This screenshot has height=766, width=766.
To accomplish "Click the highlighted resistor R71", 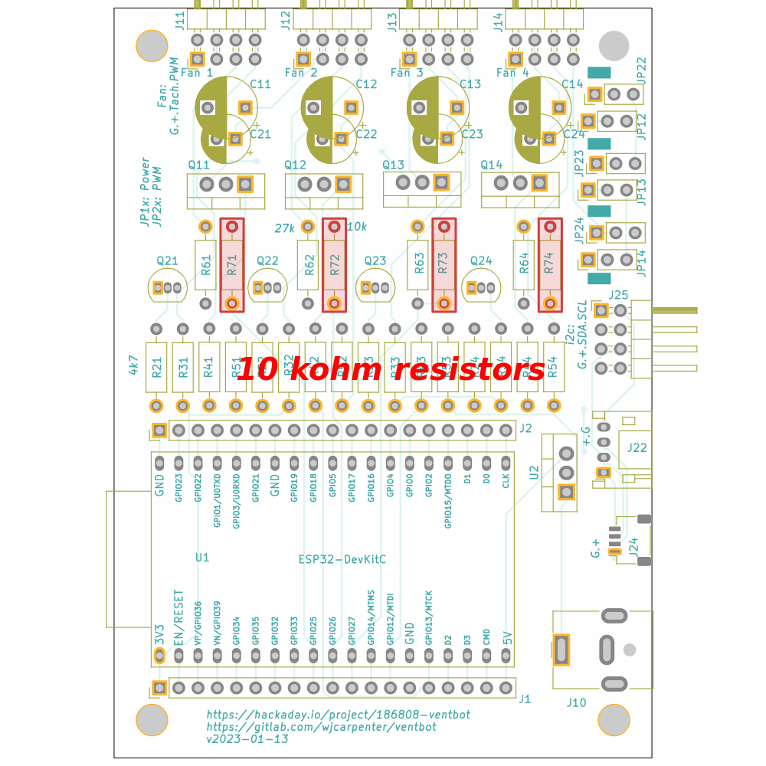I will pos(232,265).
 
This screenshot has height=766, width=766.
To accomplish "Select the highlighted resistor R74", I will pos(548,265).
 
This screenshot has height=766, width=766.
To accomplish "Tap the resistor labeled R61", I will pos(205,265).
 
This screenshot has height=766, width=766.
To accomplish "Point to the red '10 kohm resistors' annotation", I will pos(391,370).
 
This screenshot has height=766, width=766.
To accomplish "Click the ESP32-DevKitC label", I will pos(342,559).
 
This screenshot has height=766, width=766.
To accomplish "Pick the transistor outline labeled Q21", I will pos(167,287).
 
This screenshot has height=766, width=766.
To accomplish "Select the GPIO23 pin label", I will pos(178,487).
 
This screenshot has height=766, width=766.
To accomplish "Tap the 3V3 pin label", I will pos(159,635).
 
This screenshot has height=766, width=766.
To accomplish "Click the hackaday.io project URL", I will pos(338,714).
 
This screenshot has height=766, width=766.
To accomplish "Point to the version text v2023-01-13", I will pos(247,739).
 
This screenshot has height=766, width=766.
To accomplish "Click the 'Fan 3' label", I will pos(406,73).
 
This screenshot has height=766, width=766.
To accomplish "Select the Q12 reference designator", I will pos(295,165).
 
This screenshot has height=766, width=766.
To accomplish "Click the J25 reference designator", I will pos(618,295).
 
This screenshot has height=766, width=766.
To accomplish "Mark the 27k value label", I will pos(284,228).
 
